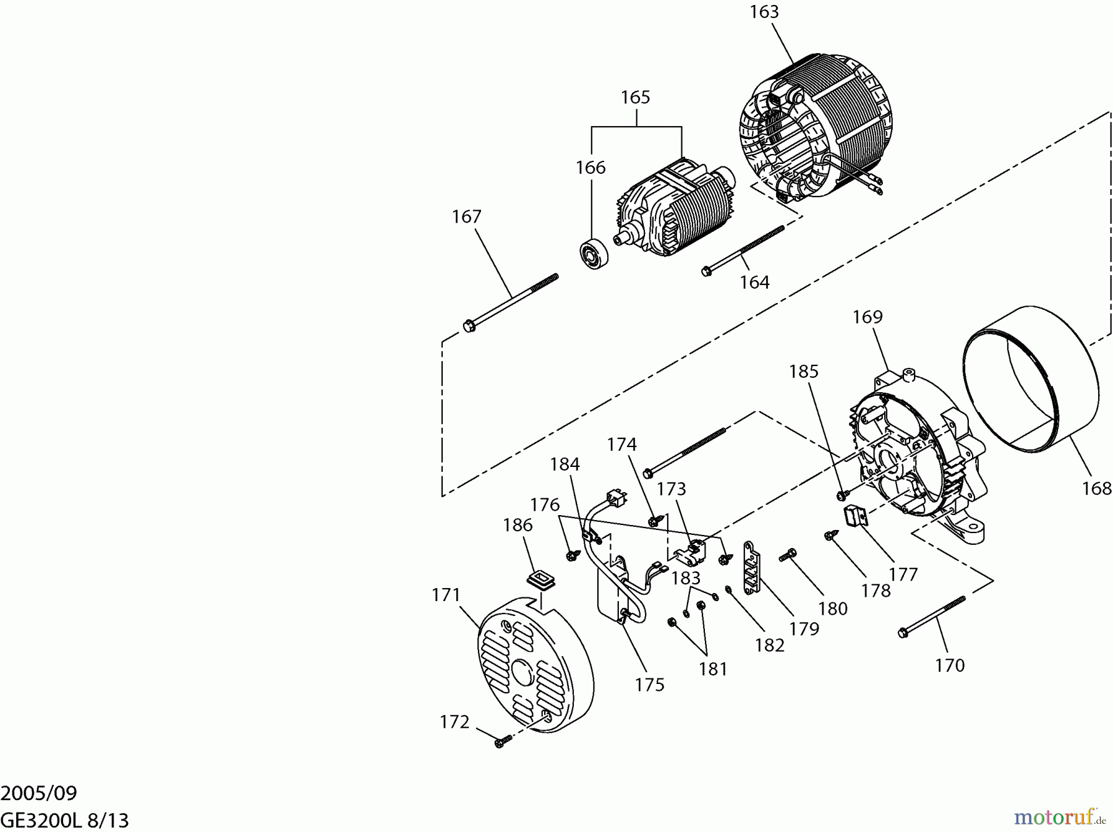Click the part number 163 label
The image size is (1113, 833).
[x=764, y=12]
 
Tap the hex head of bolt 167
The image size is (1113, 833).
[x=469, y=325]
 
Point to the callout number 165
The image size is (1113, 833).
[x=636, y=98]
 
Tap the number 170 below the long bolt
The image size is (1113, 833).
[x=950, y=666]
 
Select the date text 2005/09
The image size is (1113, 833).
[x=38, y=793]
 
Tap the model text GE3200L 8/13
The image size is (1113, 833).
[x=64, y=821]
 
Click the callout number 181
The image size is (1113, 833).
[x=713, y=670]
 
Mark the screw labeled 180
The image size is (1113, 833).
[x=788, y=555]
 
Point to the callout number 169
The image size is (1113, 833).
[x=868, y=317]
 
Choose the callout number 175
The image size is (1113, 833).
[x=649, y=685]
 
